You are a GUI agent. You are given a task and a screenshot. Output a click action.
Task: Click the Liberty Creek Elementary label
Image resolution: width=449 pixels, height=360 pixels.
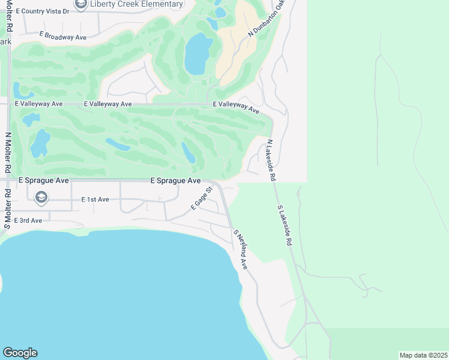point(136,4)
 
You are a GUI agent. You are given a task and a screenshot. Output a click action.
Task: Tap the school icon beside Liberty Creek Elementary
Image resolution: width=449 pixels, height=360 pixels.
point(80,4)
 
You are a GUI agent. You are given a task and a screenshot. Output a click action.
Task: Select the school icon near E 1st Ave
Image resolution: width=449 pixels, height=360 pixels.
point(41,197)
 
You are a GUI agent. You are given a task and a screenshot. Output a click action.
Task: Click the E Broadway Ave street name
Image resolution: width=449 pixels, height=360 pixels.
point(63,37)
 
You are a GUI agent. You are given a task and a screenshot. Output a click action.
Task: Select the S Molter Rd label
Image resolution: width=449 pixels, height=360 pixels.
point(8,209)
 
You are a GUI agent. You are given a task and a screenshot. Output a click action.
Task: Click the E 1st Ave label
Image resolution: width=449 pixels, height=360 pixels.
point(95,199)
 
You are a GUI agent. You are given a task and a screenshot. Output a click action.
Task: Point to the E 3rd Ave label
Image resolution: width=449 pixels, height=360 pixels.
point(28,220)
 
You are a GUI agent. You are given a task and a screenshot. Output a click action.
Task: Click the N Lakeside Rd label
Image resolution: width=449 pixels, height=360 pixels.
point(271,160)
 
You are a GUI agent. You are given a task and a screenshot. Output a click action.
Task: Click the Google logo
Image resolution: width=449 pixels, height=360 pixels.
point(20,353)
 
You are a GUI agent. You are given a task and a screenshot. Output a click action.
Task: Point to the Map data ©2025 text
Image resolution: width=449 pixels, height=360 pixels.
point(423,355)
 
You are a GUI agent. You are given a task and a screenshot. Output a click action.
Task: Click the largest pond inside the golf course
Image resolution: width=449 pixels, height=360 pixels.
point(197,54)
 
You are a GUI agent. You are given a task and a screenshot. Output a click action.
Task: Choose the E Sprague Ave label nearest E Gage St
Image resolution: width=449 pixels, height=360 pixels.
point(175,181)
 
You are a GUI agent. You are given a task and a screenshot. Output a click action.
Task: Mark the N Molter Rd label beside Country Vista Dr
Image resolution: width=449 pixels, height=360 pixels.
point(8,16)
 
